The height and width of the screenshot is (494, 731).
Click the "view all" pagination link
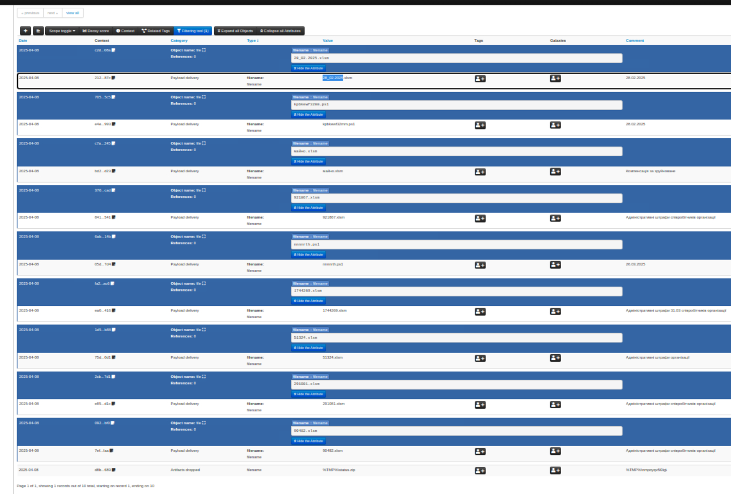72,13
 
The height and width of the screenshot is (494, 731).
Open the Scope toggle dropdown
62,31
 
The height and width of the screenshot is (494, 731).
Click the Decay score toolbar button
96,31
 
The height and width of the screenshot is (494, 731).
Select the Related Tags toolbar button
156,31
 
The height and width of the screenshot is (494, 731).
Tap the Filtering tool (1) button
193,31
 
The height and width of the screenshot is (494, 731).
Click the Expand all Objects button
235,31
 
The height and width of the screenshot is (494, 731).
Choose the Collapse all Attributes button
280,31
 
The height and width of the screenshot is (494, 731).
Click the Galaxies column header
558,41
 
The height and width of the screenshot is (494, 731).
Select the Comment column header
634,41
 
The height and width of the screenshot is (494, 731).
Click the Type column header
252,41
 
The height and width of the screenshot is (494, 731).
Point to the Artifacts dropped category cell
185,470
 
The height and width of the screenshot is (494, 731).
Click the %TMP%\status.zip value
339,470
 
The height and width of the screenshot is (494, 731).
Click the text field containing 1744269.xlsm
456,291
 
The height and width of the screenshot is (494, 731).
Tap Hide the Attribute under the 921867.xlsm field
308,208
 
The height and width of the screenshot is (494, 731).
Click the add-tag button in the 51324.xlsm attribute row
480,358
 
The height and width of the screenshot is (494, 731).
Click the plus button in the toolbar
25,31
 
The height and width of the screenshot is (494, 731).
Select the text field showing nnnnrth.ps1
456,245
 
